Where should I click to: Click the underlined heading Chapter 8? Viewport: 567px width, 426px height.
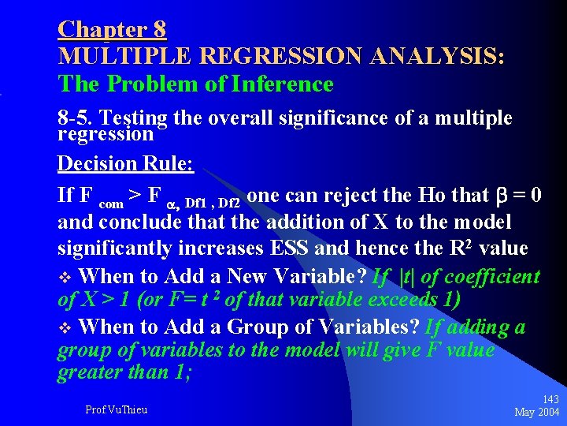tap(112, 29)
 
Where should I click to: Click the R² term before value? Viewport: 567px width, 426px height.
tap(458, 248)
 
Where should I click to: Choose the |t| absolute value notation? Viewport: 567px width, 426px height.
tap(409, 276)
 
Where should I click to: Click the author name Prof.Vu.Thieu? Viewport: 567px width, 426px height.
tap(116, 409)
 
